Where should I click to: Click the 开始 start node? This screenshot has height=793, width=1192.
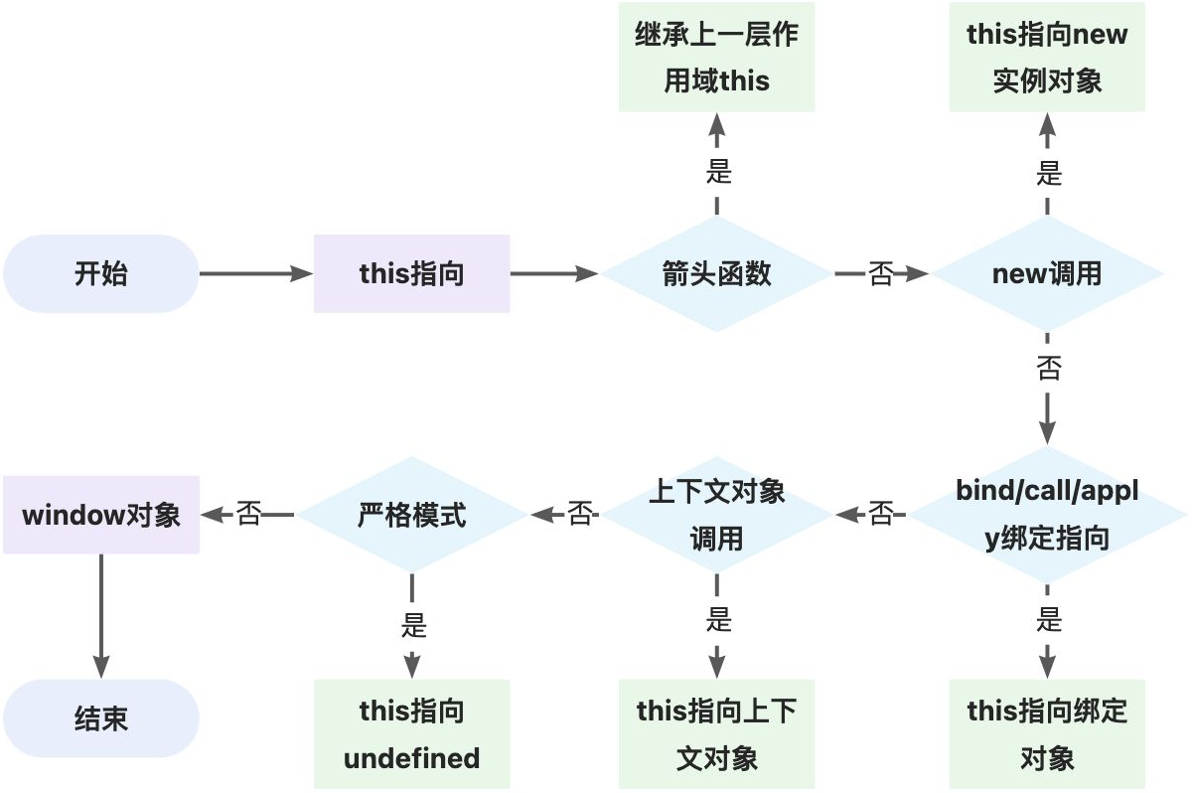pos(100,273)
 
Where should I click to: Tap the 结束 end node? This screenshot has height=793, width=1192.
pos(100,718)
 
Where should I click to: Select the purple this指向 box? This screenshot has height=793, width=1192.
pos(411,273)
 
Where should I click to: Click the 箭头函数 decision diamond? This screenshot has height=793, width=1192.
pos(716,273)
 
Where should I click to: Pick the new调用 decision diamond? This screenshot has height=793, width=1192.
pos(1047,273)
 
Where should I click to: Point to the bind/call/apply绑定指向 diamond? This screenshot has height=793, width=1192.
pos(1047,515)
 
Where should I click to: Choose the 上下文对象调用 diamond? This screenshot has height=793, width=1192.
pos(716,515)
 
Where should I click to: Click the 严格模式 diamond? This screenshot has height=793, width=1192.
pos(411,515)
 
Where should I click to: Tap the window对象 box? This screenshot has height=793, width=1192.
pos(100,515)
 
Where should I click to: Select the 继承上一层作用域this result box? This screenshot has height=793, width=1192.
pos(716,57)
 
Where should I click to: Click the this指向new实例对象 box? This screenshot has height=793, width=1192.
pos(1047,57)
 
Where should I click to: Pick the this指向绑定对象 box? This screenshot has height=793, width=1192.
pos(1047,734)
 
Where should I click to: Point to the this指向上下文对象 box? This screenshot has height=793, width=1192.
pos(716,734)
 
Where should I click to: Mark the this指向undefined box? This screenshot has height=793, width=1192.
pos(411,734)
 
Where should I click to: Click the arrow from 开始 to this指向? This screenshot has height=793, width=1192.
pos(256,273)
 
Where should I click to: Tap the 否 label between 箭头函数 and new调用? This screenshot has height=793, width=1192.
pos(881,273)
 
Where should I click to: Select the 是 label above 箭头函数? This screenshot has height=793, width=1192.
pos(717,172)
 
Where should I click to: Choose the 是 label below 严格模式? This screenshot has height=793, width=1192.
pos(412,625)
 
